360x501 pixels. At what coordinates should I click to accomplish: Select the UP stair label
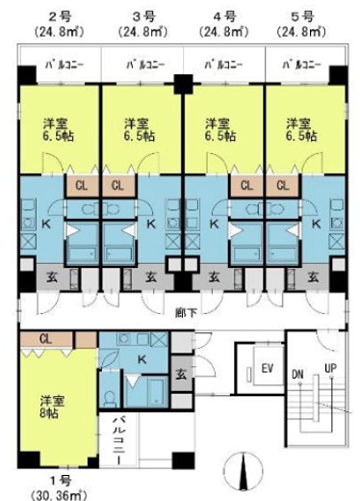pos(331,370)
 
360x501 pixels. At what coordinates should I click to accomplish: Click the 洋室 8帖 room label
pos(54,407)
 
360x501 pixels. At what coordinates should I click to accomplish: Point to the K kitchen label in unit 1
pos(141,358)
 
